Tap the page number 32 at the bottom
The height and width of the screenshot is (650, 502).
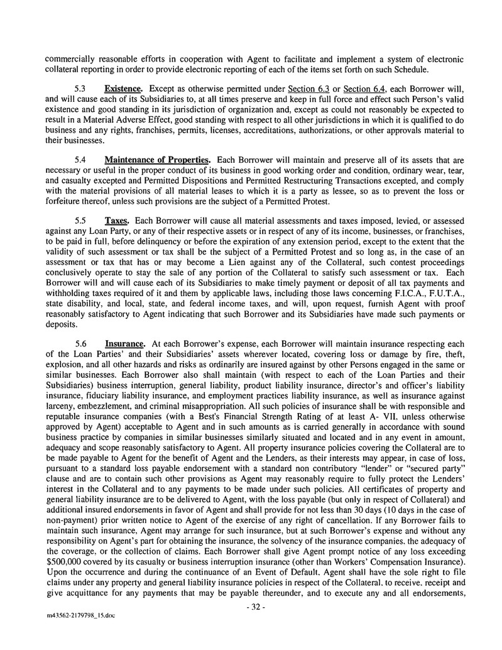click(x=255, y=609)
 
